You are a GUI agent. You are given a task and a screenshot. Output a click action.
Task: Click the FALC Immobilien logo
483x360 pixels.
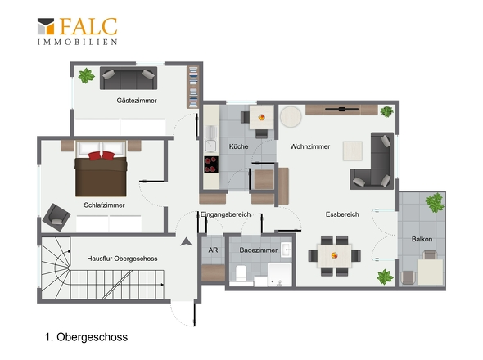[x=77, y=31]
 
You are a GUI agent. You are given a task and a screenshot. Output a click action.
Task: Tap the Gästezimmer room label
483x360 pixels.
[x=137, y=101]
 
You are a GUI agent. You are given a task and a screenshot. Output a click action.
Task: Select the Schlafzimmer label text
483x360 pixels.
[x=104, y=205]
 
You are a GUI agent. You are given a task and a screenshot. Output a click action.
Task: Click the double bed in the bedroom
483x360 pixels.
[x=101, y=169]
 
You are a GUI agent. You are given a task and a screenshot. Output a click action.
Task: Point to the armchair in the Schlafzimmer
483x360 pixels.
[x=56, y=217]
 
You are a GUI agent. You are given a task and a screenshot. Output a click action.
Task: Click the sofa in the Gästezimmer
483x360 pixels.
[x=129, y=79]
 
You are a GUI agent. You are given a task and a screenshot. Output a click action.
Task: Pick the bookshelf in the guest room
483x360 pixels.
[x=193, y=88]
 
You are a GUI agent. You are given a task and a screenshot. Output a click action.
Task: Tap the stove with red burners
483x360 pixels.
[x=211, y=164]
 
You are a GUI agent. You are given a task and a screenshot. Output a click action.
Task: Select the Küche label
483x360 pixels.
[x=238, y=146]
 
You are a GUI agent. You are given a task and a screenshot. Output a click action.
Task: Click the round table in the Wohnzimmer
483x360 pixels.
[x=291, y=117]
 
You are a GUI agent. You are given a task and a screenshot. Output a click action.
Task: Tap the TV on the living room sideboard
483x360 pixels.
[x=341, y=109]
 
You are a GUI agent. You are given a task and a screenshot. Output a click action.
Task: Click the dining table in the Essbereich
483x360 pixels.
[x=334, y=255]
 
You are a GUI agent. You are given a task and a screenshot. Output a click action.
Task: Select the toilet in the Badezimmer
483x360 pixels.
[x=241, y=273]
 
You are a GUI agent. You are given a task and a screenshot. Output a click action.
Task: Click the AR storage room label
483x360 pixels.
[x=213, y=250]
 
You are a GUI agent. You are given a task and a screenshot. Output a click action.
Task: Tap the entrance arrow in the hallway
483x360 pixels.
[x=186, y=241]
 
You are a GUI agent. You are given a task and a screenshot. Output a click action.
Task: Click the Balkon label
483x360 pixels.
[x=422, y=239]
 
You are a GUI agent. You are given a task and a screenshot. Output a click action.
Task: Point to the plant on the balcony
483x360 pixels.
[x=435, y=203]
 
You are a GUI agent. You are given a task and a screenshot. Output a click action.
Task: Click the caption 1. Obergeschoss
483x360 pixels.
[x=86, y=337]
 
